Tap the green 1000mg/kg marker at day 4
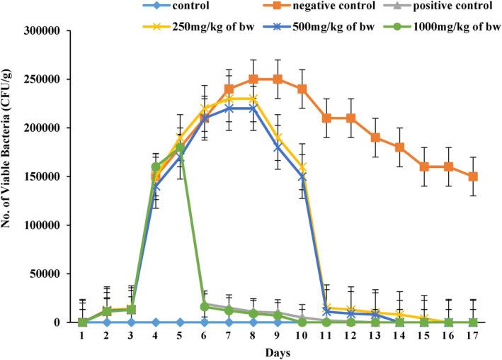point(156,167)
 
